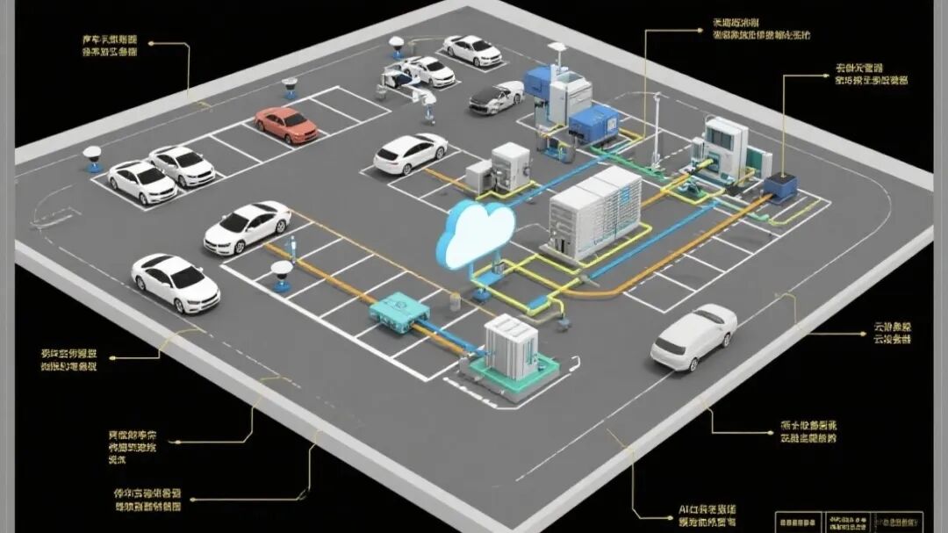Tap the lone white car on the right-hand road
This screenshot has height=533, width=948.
point(693,336)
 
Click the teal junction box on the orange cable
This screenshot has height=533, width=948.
point(399,312)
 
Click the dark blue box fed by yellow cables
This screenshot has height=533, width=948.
point(779,187)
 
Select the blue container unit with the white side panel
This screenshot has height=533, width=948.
point(593,120)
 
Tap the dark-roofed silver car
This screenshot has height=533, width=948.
point(496,97)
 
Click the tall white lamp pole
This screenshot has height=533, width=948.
point(656,128)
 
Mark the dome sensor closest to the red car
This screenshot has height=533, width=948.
point(290,87)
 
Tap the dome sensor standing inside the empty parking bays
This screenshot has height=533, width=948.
point(282,275)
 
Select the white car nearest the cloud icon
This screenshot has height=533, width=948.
point(410,154)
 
